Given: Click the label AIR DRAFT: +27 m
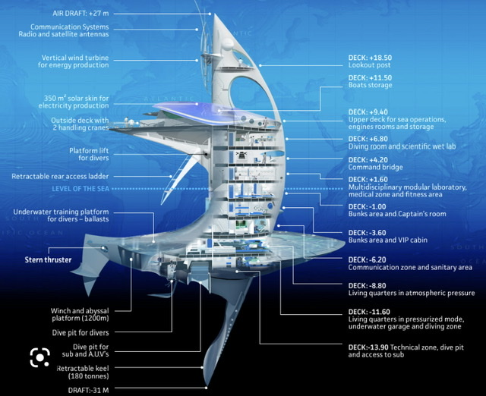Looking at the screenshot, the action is [x=80, y=14].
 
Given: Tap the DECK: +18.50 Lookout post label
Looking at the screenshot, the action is [x=370, y=61].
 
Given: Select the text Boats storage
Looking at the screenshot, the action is [x=370, y=85].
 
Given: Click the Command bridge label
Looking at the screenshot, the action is [x=375, y=167].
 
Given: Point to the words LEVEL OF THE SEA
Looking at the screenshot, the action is [x=80, y=189].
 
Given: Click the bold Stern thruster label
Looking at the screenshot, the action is [x=48, y=259].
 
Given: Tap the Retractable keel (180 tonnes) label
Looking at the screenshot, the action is [x=83, y=372].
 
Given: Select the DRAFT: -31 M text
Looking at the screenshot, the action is [x=88, y=390].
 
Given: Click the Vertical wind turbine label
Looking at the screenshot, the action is [x=74, y=61].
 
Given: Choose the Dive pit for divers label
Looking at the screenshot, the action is [x=80, y=333].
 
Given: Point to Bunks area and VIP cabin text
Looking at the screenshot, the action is [x=388, y=240].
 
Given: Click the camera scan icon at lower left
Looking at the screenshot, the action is [x=40, y=357].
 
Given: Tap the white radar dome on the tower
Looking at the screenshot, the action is [x=228, y=44].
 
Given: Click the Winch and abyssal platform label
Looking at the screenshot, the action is [x=80, y=314].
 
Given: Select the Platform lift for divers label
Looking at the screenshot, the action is [x=89, y=154].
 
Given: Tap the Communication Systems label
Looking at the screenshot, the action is [x=64, y=30].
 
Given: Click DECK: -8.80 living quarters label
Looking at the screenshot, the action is [x=412, y=289].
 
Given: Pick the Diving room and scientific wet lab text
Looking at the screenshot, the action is [x=402, y=146].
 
